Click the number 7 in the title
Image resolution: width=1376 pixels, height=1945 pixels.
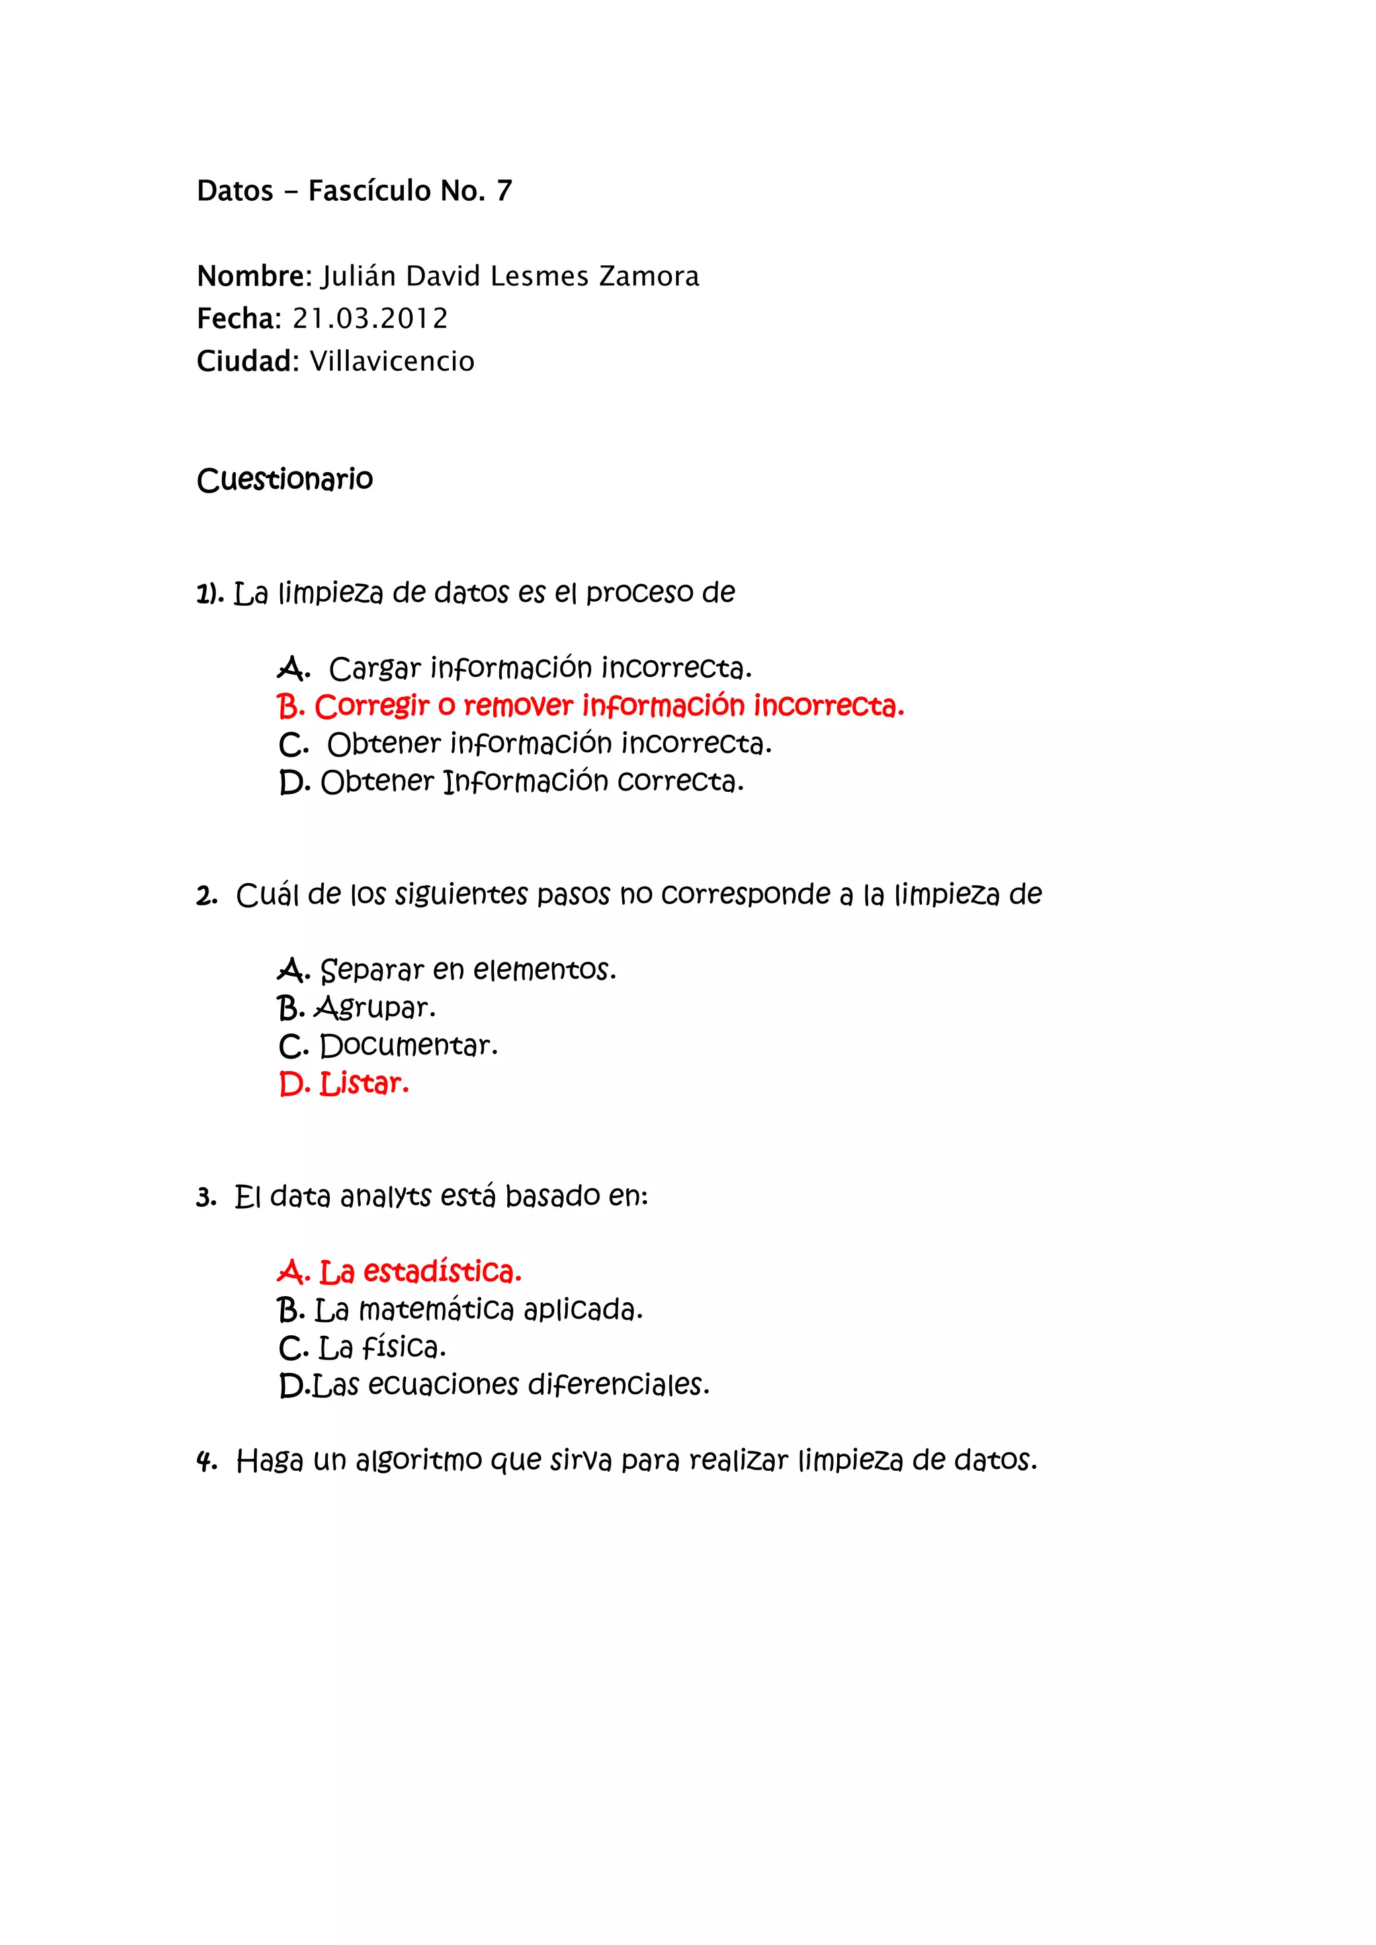point(504,191)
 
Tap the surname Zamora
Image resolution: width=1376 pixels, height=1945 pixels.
point(649,276)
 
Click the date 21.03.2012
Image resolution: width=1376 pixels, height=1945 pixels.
point(370,318)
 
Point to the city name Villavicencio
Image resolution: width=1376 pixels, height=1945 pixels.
point(392,362)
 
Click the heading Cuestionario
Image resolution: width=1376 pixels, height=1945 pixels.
point(285,480)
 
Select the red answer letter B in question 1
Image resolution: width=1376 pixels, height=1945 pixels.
point(289,706)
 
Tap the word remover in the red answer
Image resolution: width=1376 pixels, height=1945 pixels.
point(519,706)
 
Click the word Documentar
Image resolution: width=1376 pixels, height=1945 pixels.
point(408,1046)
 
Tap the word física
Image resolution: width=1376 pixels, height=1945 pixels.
point(403,1347)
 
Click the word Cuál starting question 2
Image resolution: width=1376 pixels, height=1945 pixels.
point(267,895)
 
